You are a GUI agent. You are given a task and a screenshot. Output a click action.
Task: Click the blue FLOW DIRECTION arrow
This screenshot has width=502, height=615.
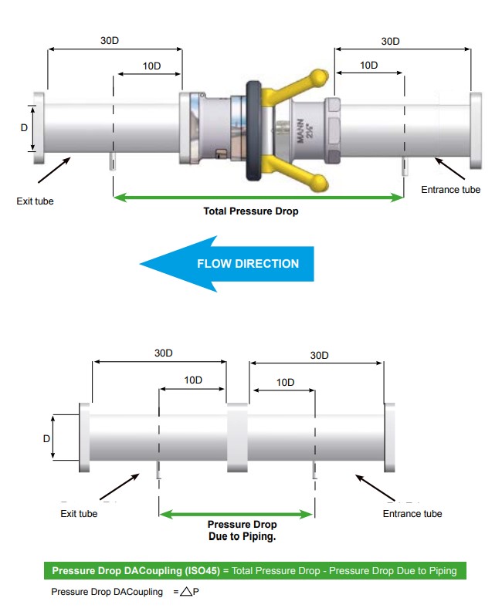pyautogui.click(x=227, y=264)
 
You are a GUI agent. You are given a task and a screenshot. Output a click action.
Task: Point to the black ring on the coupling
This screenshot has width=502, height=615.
pyautogui.click(x=252, y=131)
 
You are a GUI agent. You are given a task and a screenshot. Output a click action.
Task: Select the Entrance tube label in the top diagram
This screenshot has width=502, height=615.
pyautogui.click(x=450, y=190)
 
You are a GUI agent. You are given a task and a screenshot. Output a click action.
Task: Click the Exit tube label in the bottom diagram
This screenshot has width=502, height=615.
pyautogui.click(x=79, y=514)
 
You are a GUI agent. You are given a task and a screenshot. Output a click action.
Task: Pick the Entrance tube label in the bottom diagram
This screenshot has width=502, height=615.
pyautogui.click(x=412, y=514)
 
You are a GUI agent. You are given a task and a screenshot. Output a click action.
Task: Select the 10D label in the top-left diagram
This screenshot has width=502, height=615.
pyautogui.click(x=152, y=66)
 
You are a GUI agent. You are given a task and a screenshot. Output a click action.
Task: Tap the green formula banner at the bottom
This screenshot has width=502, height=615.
pyautogui.click(x=255, y=571)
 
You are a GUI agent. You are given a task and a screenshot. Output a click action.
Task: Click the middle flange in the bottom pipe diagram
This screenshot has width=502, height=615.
pyautogui.click(x=236, y=437)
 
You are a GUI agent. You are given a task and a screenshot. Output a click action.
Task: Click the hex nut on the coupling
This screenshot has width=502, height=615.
pyautogui.click(x=332, y=130)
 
